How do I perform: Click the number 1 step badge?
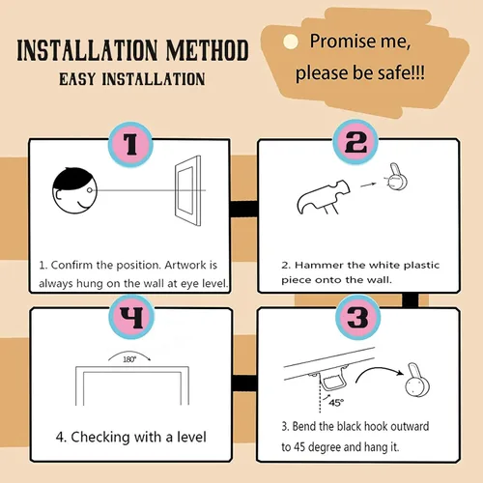130,144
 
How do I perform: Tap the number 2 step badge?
355,142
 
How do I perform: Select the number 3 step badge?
357,317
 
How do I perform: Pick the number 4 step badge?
131,317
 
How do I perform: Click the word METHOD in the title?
208,50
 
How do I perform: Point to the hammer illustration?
323,197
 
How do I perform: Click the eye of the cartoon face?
90,190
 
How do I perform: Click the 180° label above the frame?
129,359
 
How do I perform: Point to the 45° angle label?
336,403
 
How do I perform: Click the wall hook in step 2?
397,177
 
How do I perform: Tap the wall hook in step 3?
417,381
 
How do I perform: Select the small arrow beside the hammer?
368,185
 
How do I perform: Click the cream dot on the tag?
291,42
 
